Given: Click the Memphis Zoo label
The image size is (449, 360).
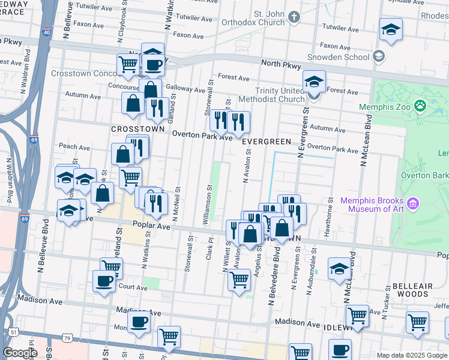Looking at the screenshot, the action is click(384, 107).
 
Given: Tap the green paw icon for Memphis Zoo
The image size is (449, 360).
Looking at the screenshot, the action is click(420, 107).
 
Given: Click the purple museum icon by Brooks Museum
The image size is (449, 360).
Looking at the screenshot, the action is click(412, 205).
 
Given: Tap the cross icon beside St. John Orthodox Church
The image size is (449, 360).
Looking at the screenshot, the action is click(294, 17).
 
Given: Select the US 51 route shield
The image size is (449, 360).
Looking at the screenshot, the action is click(13, 332).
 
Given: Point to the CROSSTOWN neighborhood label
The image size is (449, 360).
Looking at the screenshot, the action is click(129, 129).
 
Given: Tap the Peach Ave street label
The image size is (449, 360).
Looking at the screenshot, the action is click(70, 146).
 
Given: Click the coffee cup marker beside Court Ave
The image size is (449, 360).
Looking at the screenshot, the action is click(104, 281).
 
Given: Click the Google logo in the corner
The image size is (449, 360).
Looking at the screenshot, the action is click(20, 353).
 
